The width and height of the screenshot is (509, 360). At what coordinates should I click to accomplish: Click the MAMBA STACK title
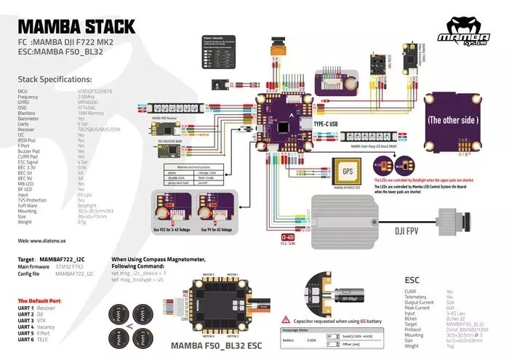pyautogui.click(x=76, y=28)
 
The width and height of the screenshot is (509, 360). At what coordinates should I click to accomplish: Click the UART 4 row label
pyautogui.click(x=26, y=327)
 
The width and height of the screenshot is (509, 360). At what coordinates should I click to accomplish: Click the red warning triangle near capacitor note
pyautogui.click(x=288, y=320)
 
